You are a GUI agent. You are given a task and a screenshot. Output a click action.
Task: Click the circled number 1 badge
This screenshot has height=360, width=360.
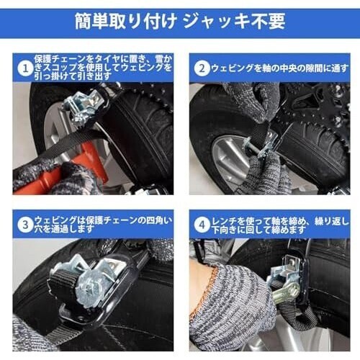[x=25, y=69]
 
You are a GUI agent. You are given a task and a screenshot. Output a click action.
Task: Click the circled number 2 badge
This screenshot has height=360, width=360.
[x=202, y=68]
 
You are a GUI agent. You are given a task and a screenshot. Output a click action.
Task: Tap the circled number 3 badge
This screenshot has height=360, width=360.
[x=25, y=225]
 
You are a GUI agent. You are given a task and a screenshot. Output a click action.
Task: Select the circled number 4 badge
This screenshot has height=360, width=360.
[x=202, y=225]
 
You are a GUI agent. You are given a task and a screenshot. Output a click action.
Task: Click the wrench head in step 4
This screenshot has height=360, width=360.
[x=293, y=290]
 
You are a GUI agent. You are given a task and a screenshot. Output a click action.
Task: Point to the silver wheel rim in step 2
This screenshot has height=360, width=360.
[x=230, y=158]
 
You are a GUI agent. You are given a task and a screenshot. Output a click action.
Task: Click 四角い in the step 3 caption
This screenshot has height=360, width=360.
[x=158, y=220]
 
